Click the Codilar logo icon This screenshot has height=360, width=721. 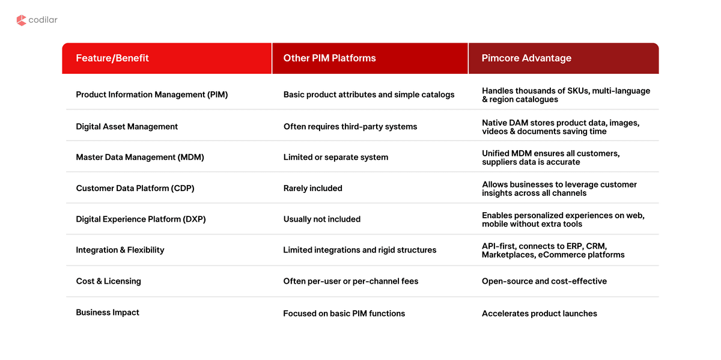21,20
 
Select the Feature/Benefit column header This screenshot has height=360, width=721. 112,58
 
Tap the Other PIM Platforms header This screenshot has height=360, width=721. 330,58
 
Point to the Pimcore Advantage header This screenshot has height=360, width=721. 526,58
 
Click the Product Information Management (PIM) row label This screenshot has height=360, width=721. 152,95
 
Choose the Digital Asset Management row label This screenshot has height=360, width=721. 127,127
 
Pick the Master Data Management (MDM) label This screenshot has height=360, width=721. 140,157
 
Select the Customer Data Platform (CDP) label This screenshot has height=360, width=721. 135,188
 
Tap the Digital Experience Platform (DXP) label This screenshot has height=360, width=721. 141,219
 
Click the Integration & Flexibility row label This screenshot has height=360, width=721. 120,250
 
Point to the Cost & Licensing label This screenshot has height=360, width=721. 109,281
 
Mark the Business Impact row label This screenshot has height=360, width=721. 108,313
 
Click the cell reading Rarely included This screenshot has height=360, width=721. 313,188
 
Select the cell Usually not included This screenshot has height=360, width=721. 322,219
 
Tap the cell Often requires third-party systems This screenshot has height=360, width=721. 350,127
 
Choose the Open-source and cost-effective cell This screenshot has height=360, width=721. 544,281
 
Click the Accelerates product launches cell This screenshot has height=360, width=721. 540,314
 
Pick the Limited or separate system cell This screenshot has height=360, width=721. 336,157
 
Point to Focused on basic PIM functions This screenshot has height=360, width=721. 344,314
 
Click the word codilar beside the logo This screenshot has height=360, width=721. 43,20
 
